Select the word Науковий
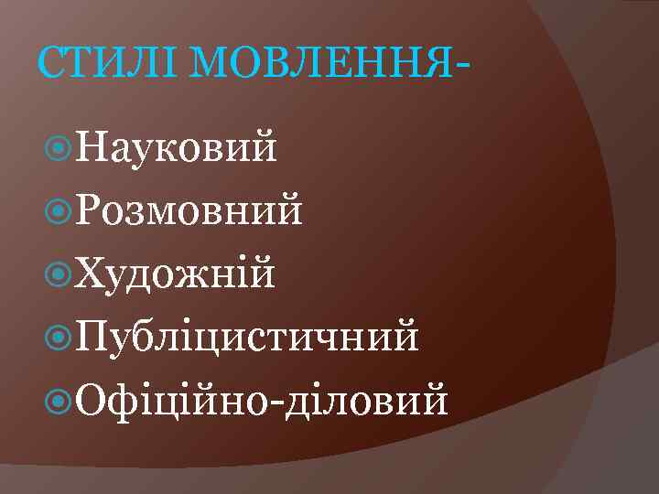tap(177, 147)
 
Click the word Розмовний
tap(189, 211)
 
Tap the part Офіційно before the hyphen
tap(176, 399)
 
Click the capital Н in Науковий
tap(92, 147)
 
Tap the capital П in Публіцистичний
tap(92, 336)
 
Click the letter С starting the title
tap(50, 64)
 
